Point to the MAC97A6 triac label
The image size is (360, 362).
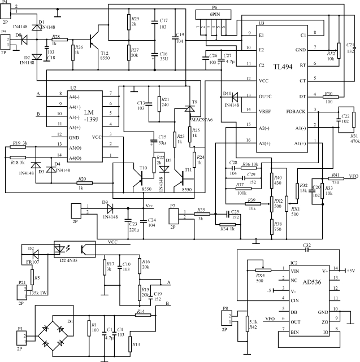coord(202,120)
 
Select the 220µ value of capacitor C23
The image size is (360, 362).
coord(135,230)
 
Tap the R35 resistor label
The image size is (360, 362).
coord(201,210)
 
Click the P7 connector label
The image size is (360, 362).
coord(173,207)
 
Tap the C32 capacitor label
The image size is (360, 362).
coord(307,246)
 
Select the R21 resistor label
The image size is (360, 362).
coord(165,98)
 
